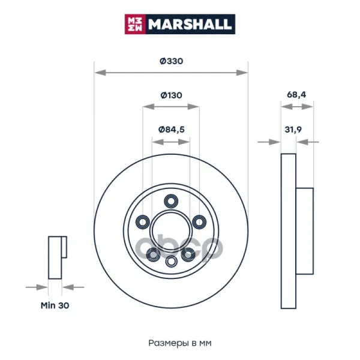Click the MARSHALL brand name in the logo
(x=190, y=24)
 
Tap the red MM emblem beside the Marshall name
(x=135, y=24)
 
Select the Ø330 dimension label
(x=171, y=61)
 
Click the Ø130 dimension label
(x=171, y=95)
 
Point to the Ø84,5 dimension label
(x=171, y=130)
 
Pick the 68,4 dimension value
(x=296, y=95)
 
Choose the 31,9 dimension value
(x=293, y=130)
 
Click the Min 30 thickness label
(x=55, y=305)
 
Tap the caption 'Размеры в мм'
(x=180, y=343)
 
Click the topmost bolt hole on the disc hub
(x=171, y=202)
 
